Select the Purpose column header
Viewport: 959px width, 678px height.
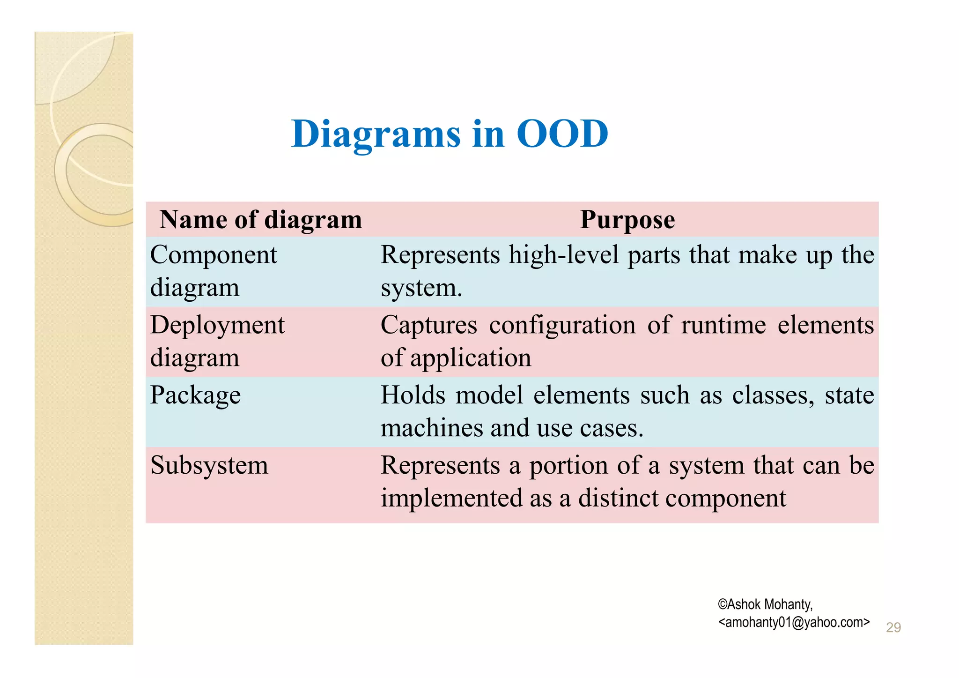tap(627, 219)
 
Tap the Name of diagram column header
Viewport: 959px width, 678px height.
tap(261, 219)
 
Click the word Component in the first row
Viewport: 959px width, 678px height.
tap(214, 255)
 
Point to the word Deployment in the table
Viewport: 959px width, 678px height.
tap(217, 325)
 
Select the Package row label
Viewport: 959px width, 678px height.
tap(195, 395)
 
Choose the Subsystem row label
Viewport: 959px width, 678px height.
tap(209, 465)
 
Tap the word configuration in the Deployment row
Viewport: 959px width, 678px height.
tap(562, 326)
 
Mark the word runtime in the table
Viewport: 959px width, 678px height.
tap(723, 325)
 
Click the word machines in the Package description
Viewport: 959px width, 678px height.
tap(431, 428)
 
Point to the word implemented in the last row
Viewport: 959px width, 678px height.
tap(451, 498)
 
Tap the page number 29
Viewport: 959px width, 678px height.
tap(893, 627)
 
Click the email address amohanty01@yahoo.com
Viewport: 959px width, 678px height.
tap(794, 622)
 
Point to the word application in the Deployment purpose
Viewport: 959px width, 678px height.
tap(471, 358)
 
